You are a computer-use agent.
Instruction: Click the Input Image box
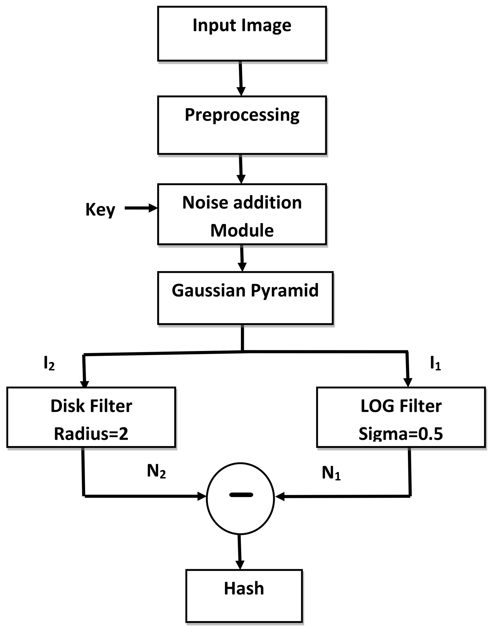click(242, 34)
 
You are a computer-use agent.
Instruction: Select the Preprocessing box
click(242, 125)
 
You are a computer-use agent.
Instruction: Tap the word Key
click(100, 210)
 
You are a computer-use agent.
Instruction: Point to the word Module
click(242, 230)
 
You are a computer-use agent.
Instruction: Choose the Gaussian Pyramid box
click(245, 298)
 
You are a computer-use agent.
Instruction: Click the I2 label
click(49, 364)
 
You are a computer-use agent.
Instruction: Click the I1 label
click(435, 364)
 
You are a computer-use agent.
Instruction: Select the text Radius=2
click(91, 434)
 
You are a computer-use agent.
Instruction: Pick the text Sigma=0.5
click(401, 434)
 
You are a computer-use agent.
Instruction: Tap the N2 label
click(157, 471)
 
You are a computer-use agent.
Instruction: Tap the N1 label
click(331, 473)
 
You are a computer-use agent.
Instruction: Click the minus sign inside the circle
click(241, 495)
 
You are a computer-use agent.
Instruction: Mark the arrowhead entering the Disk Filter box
click(84, 383)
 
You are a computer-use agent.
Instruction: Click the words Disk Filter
click(91, 406)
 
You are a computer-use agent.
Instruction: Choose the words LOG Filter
click(401, 406)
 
